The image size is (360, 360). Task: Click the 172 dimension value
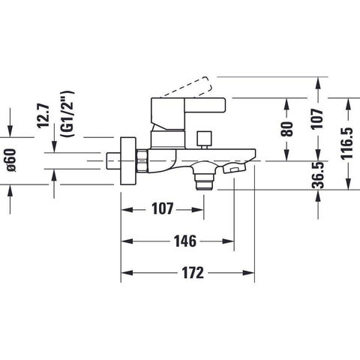pyautogui.click(x=193, y=273)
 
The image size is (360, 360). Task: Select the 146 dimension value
pyautogui.click(x=185, y=241)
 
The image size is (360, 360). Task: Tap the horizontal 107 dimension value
pyautogui.click(x=163, y=208)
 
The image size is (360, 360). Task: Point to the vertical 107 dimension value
pyautogui.click(x=317, y=118)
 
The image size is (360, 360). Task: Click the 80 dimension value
pyautogui.click(x=286, y=129)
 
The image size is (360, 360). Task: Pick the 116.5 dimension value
pyautogui.click(x=347, y=143)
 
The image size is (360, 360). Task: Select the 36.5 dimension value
pyautogui.click(x=318, y=175)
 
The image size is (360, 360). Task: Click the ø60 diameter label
pyautogui.click(x=11, y=160)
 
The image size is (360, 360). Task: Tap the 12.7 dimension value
pyautogui.click(x=43, y=116)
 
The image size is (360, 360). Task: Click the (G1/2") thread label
pyautogui.click(x=67, y=114)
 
